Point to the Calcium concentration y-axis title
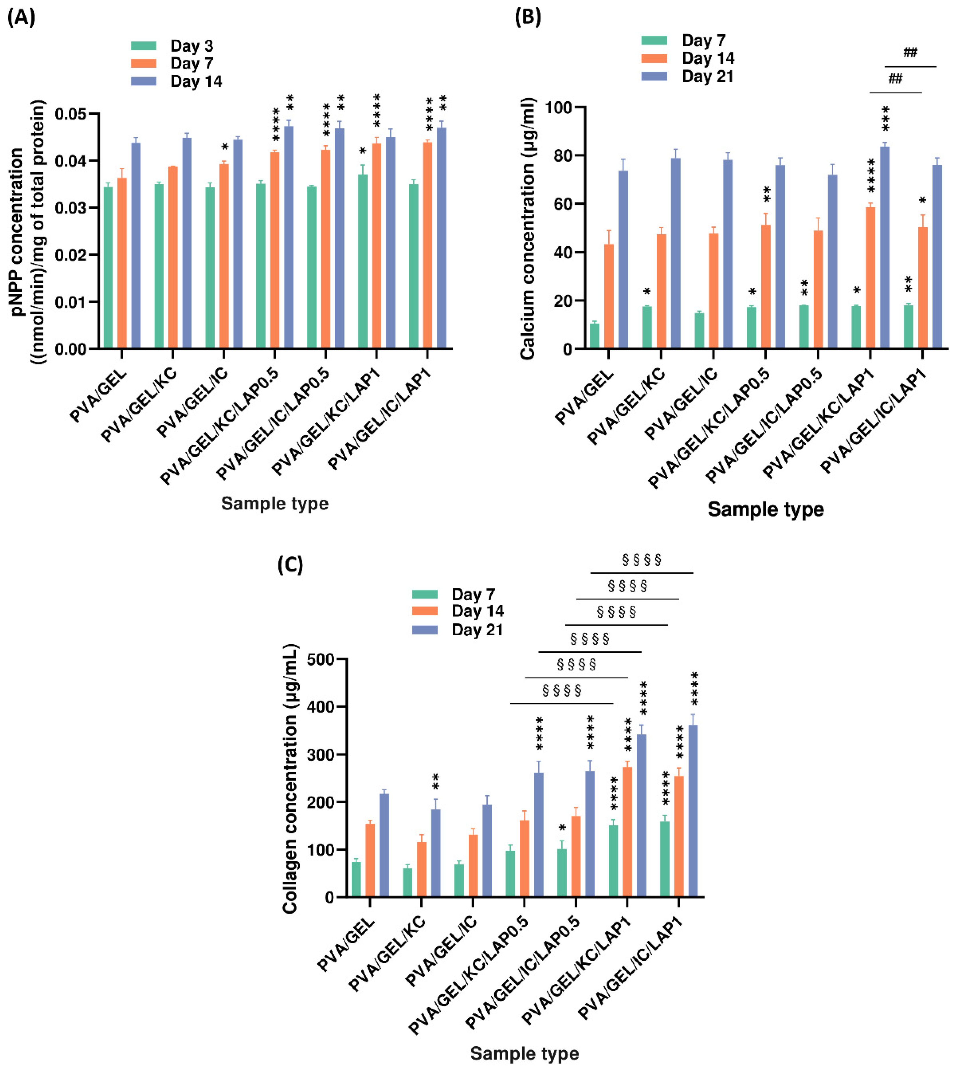click(x=527, y=229)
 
